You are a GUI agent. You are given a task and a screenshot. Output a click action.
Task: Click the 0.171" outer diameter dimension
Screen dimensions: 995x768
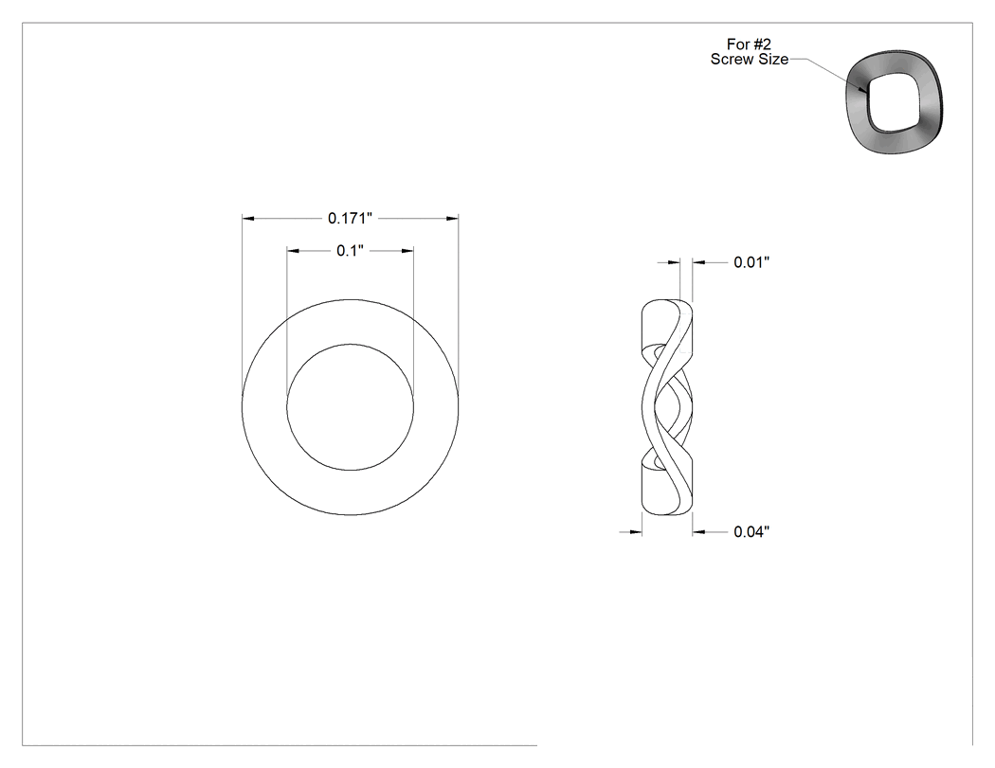[x=350, y=218]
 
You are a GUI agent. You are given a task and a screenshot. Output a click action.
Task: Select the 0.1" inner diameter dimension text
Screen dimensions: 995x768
[x=350, y=251]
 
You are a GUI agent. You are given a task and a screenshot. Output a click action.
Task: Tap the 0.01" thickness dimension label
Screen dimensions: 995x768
[x=751, y=262]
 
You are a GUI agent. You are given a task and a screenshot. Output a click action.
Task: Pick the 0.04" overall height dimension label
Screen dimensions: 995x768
[x=751, y=531]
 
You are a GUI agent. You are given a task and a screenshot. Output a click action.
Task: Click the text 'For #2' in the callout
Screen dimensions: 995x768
[x=749, y=45]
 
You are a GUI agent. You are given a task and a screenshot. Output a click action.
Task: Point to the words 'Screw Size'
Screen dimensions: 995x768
[x=750, y=59]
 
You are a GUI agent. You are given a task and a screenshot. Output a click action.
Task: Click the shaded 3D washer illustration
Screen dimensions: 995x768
[x=895, y=102]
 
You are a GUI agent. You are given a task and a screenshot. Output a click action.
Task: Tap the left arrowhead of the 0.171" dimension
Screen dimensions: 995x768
[x=248, y=218]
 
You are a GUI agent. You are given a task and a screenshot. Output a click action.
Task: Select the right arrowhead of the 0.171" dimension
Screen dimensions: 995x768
[x=452, y=218]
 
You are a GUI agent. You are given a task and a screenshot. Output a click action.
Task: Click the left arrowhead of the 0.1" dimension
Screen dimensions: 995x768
[x=293, y=251]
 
